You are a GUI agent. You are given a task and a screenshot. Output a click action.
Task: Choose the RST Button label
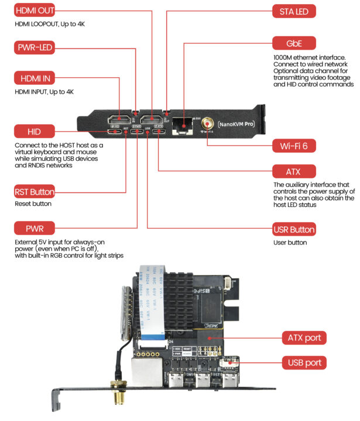[x=34, y=192]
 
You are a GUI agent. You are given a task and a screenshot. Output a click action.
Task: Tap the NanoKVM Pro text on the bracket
[x=236, y=124]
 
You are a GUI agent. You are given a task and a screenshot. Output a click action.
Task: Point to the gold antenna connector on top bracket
[x=207, y=123]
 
